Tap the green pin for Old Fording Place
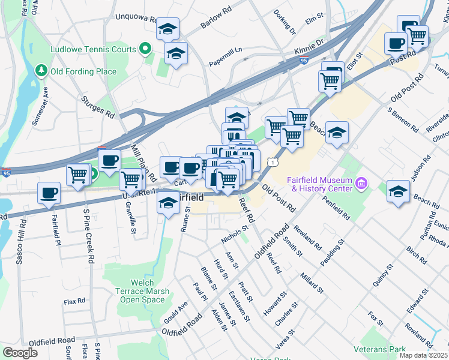(41, 71)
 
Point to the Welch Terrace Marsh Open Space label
(142, 291)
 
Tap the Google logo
(20, 353)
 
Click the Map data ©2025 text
(423, 355)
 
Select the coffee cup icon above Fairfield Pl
(49, 193)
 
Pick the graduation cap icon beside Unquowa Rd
(167, 29)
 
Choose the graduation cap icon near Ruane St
(169, 204)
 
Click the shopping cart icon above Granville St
(130, 179)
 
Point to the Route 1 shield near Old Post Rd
(273, 162)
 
